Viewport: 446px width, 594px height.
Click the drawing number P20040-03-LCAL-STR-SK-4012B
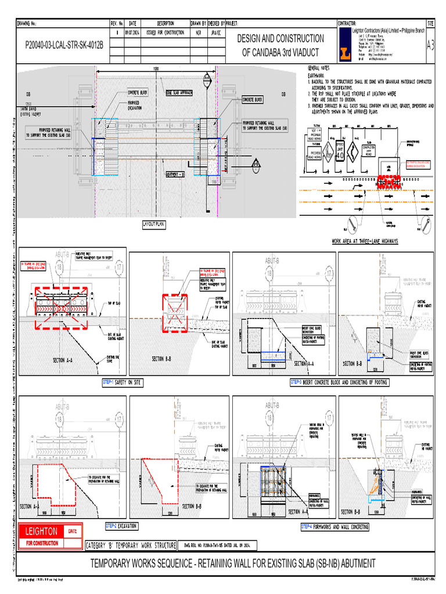pyautogui.click(x=64, y=44)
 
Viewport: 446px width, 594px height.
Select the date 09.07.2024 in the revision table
pyautogui.click(x=131, y=32)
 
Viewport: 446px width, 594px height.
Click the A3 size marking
pyautogui.click(x=430, y=45)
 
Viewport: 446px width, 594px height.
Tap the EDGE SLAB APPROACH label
pyautogui.click(x=179, y=92)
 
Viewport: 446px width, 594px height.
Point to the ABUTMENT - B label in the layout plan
pyautogui.click(x=175, y=173)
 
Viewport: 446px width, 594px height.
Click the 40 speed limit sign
pyautogui.click(x=340, y=155)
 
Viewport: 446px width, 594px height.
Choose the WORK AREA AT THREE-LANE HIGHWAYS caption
pyautogui.click(x=364, y=241)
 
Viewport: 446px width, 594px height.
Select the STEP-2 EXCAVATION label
pyautogui.click(x=121, y=526)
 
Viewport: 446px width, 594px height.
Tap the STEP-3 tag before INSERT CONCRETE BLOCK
pyautogui.click(x=296, y=382)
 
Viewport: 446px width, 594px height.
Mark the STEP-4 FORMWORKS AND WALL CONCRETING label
pyautogui.click(x=334, y=527)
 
